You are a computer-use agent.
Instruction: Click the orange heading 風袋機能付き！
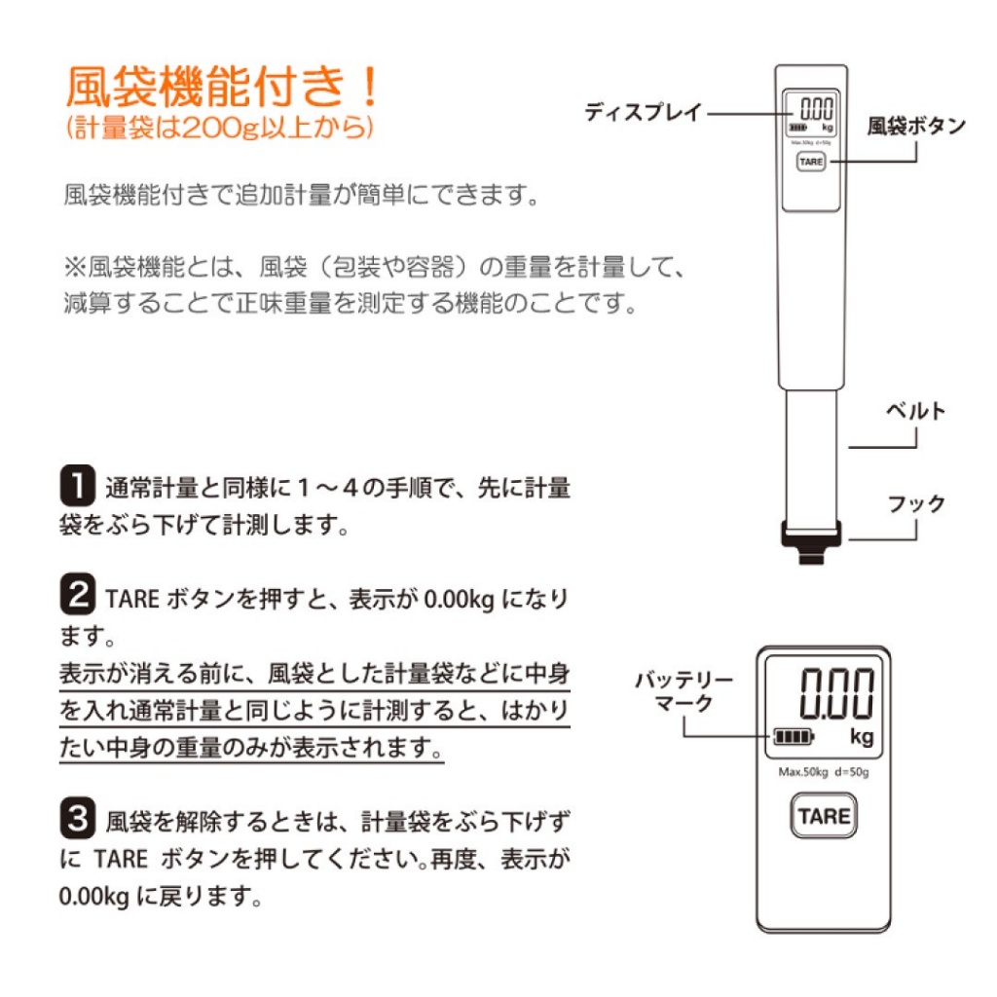[222, 87]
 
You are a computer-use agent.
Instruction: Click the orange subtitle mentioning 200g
[219, 128]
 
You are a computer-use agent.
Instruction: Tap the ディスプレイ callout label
[643, 113]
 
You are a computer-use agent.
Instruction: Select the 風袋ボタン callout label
[916, 126]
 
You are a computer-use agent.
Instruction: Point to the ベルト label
[915, 411]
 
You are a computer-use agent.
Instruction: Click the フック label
[916, 503]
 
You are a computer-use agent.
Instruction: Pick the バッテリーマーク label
[684, 691]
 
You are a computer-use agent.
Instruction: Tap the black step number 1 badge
[78, 485]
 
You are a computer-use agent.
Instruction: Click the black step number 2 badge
[78, 594]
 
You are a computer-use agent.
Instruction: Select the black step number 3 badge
[78, 818]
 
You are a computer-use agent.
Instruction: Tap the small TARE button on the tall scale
[811, 162]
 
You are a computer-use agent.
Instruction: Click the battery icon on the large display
[793, 737]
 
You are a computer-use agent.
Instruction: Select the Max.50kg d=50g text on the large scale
[824, 772]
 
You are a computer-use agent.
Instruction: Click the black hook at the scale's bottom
[811, 541]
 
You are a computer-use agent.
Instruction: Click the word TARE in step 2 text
[132, 599]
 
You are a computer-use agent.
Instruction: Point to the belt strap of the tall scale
[811, 456]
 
